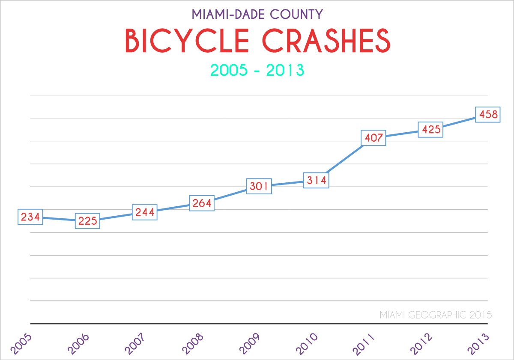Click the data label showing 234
[x=30, y=217]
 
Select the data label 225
[x=87, y=221]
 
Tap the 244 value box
[x=145, y=212]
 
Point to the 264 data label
[x=202, y=203]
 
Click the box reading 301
[x=259, y=186]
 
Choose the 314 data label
[x=316, y=180]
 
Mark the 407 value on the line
[x=374, y=138]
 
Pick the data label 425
[x=430, y=129]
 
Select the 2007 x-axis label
[x=134, y=343]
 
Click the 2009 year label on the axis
[x=249, y=343]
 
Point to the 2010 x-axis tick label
[x=306, y=343]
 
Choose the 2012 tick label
[x=421, y=343]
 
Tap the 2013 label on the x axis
[x=478, y=343]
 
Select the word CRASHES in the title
[x=326, y=41]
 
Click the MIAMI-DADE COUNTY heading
[x=257, y=14]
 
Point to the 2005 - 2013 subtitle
[x=257, y=70]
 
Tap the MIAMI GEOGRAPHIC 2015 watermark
[x=436, y=315]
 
